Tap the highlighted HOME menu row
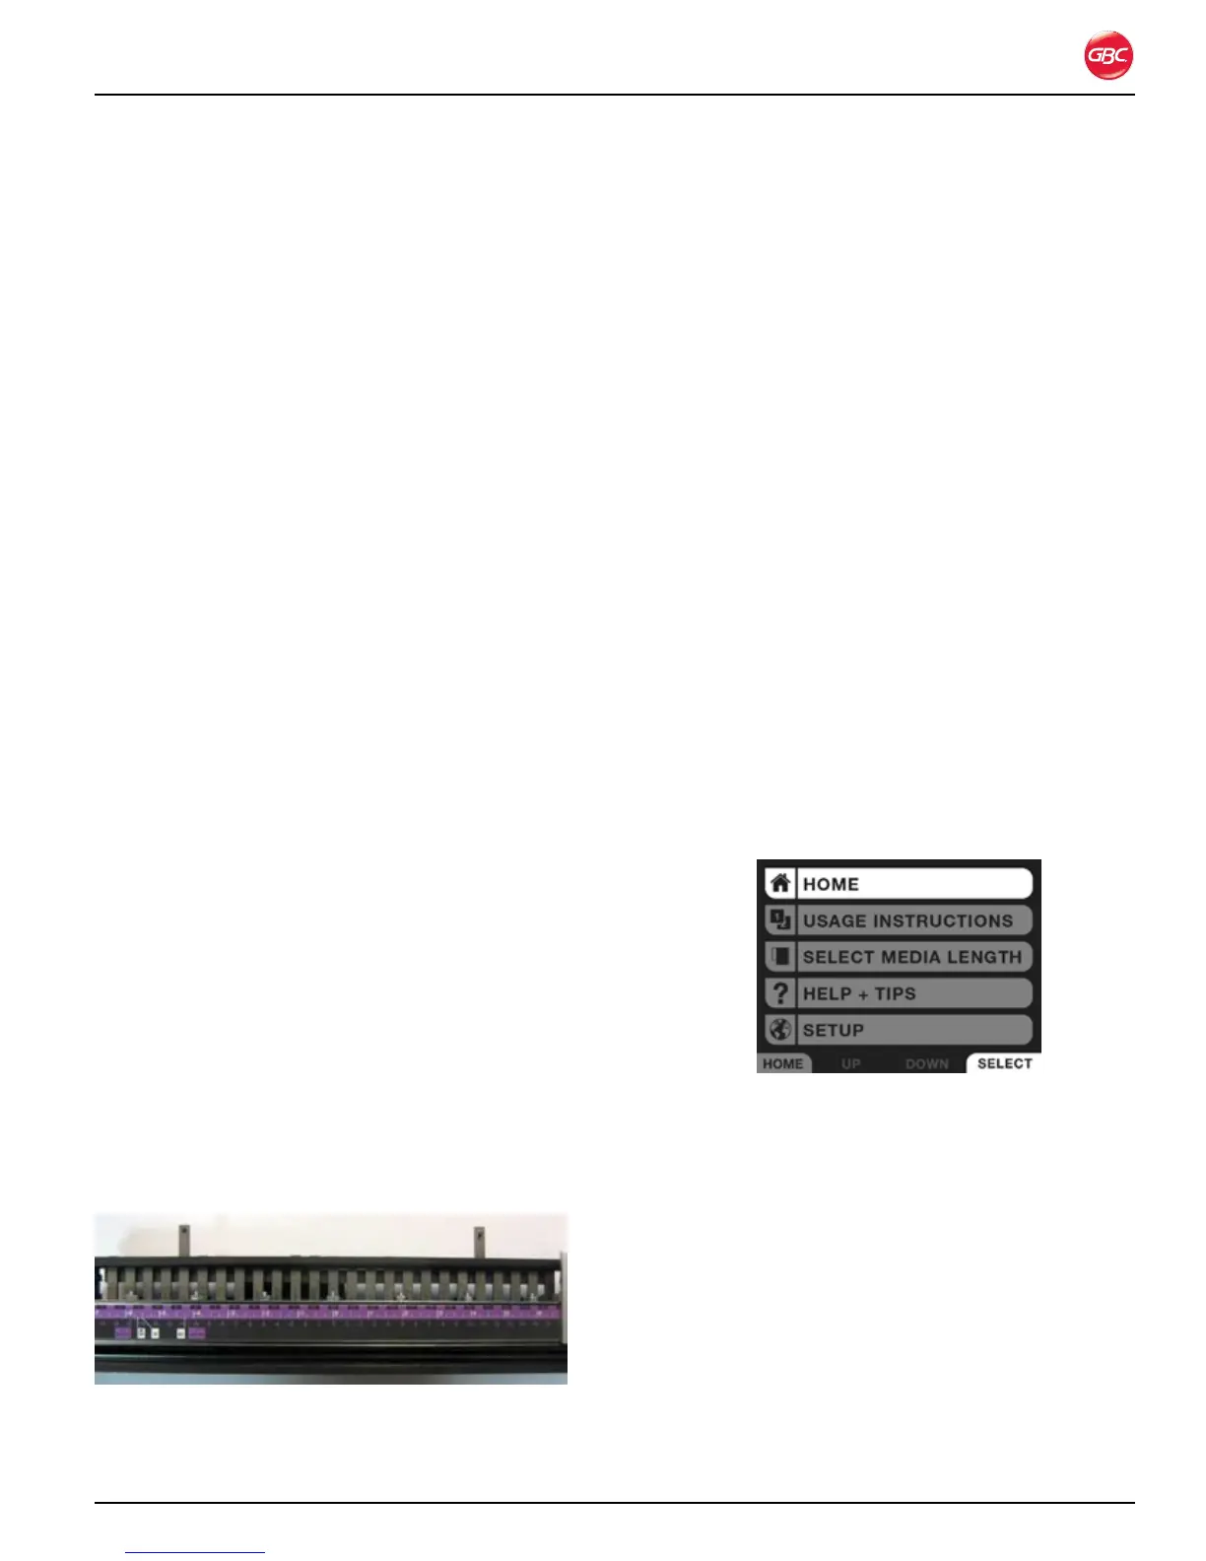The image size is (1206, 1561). point(913,884)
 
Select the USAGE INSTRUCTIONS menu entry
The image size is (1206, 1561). point(913,920)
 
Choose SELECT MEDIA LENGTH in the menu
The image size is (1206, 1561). point(913,957)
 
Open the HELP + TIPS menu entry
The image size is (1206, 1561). point(913,993)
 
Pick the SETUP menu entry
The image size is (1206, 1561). point(913,1030)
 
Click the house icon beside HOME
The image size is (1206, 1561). point(779,883)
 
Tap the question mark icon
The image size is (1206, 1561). point(779,993)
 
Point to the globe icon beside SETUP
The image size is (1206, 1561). point(779,1030)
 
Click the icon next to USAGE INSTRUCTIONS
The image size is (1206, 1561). point(779,920)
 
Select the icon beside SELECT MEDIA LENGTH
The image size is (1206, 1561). point(779,957)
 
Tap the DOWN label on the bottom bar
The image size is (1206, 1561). point(926,1064)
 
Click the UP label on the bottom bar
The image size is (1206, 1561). point(851,1064)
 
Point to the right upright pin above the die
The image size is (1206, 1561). point(480,1240)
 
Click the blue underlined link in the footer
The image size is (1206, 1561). point(196,1552)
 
